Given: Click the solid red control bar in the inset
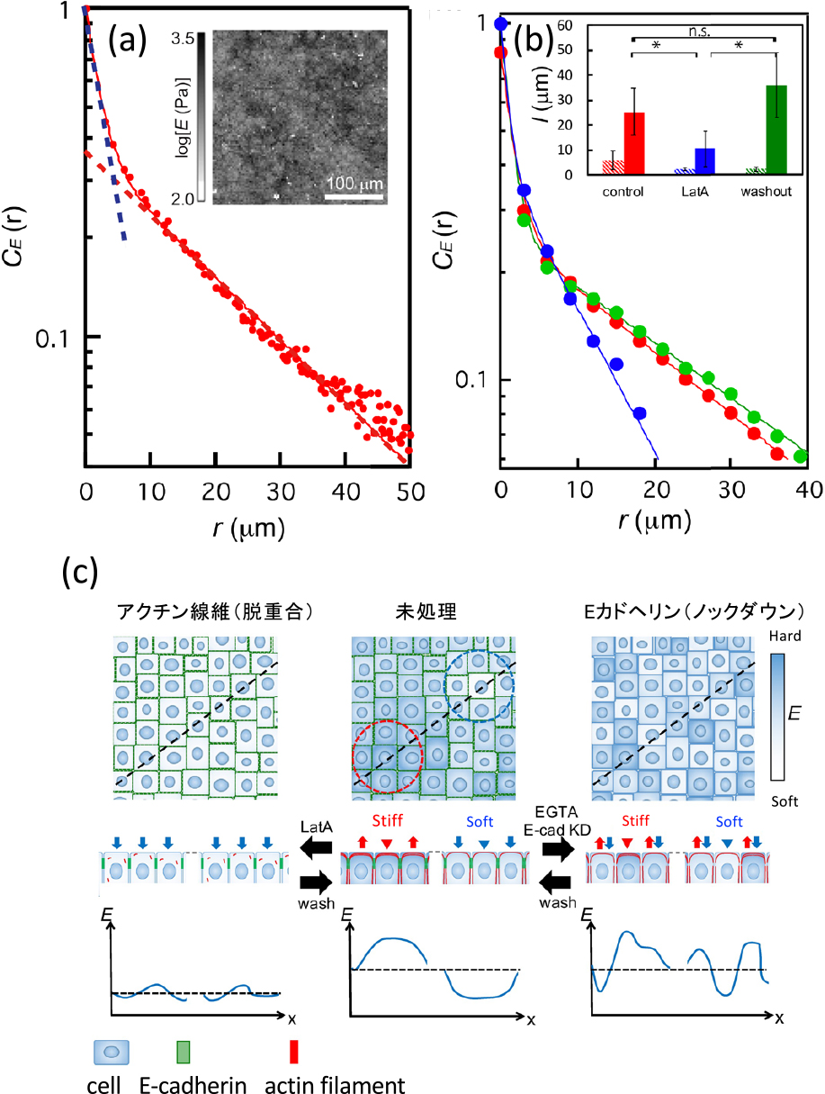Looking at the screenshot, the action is coord(634,143).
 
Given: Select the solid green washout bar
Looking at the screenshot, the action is coord(776,130).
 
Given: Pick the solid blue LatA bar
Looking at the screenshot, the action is coord(705,161).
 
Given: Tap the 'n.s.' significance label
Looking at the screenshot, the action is coord(700,32).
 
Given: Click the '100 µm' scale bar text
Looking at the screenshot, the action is coord(354,184).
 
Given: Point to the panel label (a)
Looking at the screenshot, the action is coord(127,40).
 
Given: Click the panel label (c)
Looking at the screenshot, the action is coord(80,574).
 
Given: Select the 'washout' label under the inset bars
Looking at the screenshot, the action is coord(766,192).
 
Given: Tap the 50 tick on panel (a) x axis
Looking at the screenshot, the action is coord(411,493).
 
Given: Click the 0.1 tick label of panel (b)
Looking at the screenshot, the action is coord(471,380).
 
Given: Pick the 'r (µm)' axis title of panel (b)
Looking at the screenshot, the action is coord(654,520).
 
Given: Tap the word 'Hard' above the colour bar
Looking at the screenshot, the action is coord(785,637).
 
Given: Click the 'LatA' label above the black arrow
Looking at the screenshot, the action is coord(317,827).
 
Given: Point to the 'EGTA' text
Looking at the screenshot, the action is coord(556,812).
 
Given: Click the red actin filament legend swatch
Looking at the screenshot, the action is coord(294,1051).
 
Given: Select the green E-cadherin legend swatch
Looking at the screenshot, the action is coord(184,1051).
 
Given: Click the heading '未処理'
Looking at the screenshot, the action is coord(426,612).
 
